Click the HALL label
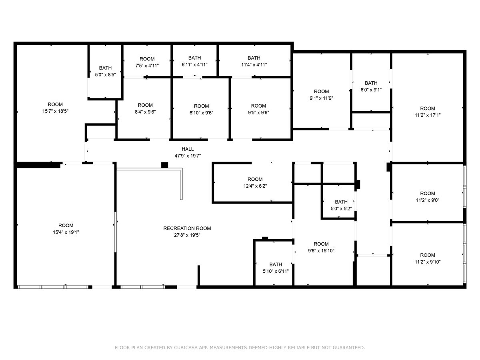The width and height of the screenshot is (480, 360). (x=187, y=149)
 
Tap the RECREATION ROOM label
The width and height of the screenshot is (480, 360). (x=187, y=228)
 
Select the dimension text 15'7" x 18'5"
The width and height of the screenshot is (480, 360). (x=55, y=111)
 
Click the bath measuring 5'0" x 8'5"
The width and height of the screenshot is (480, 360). (x=105, y=71)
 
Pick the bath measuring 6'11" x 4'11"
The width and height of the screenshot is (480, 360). (x=194, y=61)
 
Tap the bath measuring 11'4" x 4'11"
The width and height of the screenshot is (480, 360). (x=254, y=61)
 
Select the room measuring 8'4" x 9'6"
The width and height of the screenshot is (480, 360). (x=145, y=109)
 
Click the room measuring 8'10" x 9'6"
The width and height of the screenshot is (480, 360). (x=201, y=109)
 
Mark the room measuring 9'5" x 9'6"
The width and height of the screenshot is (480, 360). (x=258, y=109)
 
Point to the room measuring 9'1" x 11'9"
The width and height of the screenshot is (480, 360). (x=321, y=95)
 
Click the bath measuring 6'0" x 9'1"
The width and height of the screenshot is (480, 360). (x=371, y=86)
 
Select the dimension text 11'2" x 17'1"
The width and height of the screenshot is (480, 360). (x=427, y=115)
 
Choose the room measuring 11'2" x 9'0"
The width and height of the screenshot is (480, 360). (x=427, y=197)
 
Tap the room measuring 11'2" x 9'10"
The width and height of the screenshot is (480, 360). (x=427, y=258)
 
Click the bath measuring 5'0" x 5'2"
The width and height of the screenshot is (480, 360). (x=341, y=205)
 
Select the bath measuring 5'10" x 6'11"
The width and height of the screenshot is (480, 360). (x=275, y=268)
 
